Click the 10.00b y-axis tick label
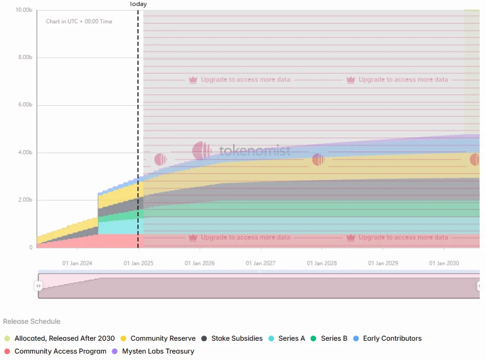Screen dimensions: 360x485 point(24,10)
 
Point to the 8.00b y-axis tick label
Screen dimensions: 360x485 point(24,57)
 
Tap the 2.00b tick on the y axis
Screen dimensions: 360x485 point(24,200)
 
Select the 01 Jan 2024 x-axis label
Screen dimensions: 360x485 point(78,264)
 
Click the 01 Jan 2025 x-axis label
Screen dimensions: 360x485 point(138,264)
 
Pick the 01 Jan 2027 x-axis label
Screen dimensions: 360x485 point(261,264)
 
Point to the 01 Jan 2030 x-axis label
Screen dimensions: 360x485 point(444,264)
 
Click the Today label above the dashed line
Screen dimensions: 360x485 point(138,4)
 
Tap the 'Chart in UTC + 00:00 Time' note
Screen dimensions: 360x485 point(79,22)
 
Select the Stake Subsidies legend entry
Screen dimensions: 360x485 point(237,338)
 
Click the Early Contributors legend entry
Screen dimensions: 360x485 point(392,338)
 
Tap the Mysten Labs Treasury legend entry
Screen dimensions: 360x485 point(158,351)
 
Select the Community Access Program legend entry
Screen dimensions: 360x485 point(60,351)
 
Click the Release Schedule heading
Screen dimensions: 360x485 point(32,321)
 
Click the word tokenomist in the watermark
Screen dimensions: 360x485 point(255,151)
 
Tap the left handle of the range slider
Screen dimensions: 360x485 point(39,286)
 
